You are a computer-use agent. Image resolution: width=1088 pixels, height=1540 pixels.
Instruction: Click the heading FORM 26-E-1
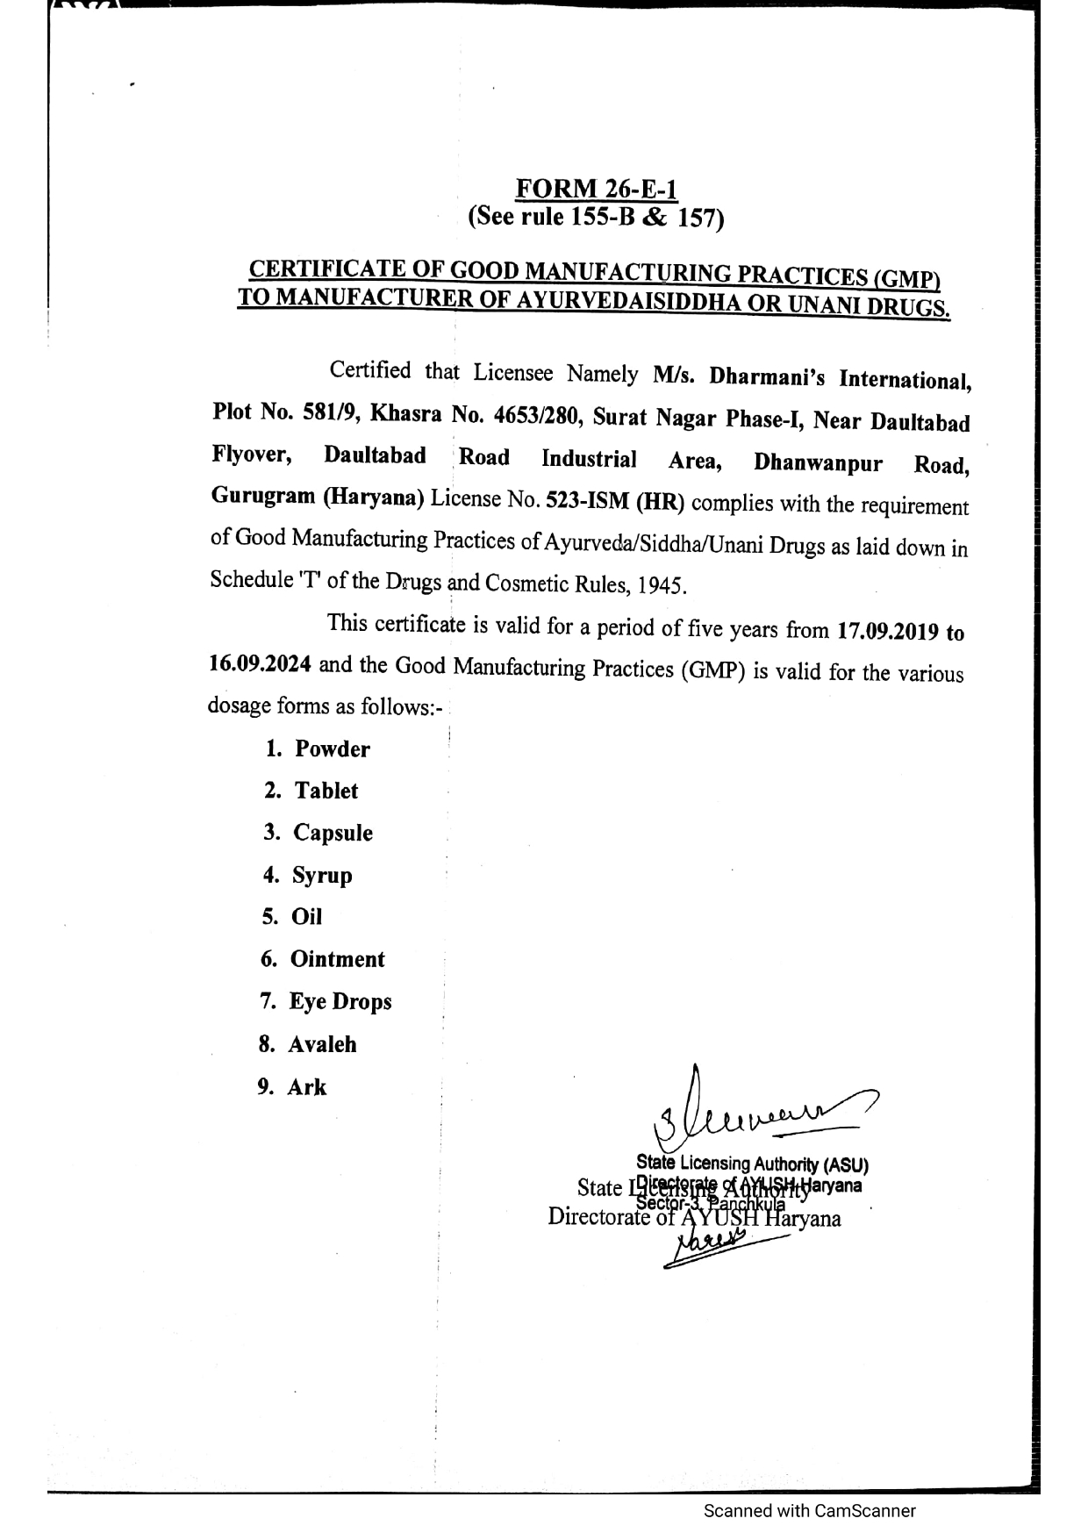596,189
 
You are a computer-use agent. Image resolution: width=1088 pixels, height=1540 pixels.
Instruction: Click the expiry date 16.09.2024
260,664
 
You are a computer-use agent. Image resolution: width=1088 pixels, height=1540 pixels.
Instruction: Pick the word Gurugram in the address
262,496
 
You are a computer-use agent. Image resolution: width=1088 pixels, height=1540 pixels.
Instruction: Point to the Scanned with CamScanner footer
809,1510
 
